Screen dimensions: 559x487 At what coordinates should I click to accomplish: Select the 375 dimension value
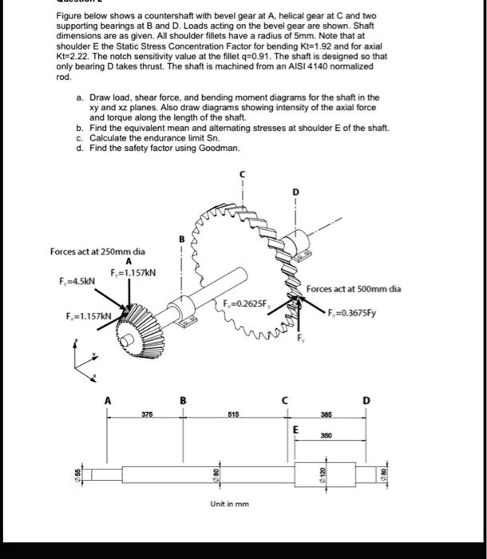[147, 414]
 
